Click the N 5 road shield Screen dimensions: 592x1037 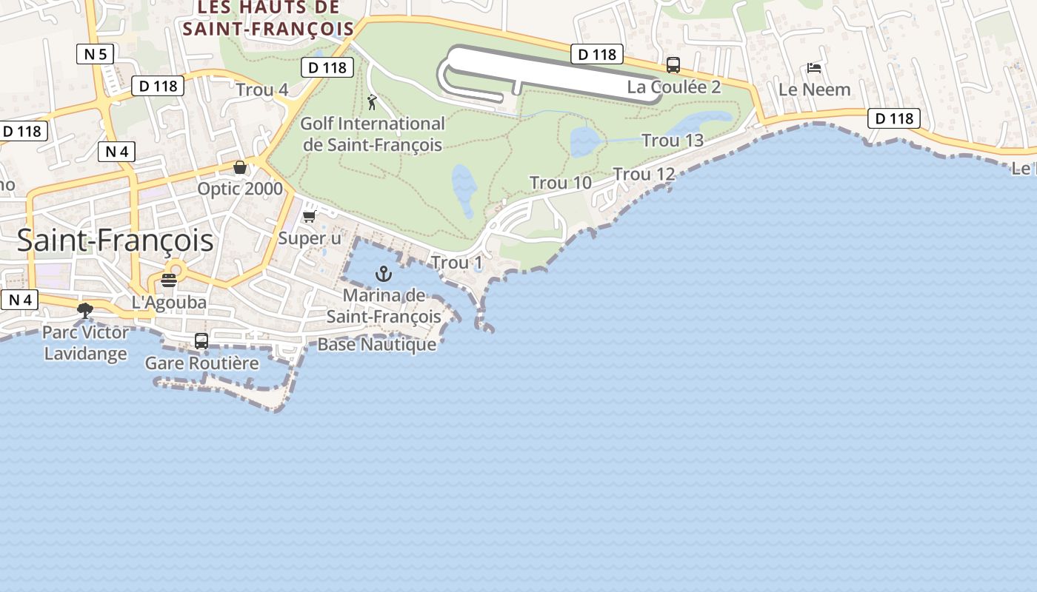click(x=96, y=53)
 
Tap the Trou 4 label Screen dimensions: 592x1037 click(x=261, y=90)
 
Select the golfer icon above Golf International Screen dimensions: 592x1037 click(x=372, y=102)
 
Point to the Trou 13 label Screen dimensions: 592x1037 click(x=673, y=140)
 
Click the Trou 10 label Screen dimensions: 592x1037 click(x=560, y=182)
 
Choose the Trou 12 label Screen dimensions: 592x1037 click(x=644, y=174)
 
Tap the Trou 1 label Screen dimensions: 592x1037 click(x=456, y=263)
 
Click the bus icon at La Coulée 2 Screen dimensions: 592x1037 click(x=673, y=65)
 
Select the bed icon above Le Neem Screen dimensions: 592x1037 click(x=814, y=68)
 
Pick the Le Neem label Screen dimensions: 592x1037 click(x=814, y=89)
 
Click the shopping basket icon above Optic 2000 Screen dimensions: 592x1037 click(x=239, y=167)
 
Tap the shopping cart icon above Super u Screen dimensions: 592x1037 click(x=309, y=217)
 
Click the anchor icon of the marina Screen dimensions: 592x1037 click(x=383, y=274)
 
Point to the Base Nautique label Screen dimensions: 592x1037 click(x=376, y=344)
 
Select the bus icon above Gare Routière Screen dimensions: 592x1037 click(x=201, y=341)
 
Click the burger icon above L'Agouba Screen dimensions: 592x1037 click(x=169, y=280)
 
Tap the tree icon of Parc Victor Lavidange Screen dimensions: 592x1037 click(x=85, y=310)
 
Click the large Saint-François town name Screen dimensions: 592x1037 click(x=115, y=240)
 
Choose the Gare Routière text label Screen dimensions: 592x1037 click(x=201, y=363)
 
